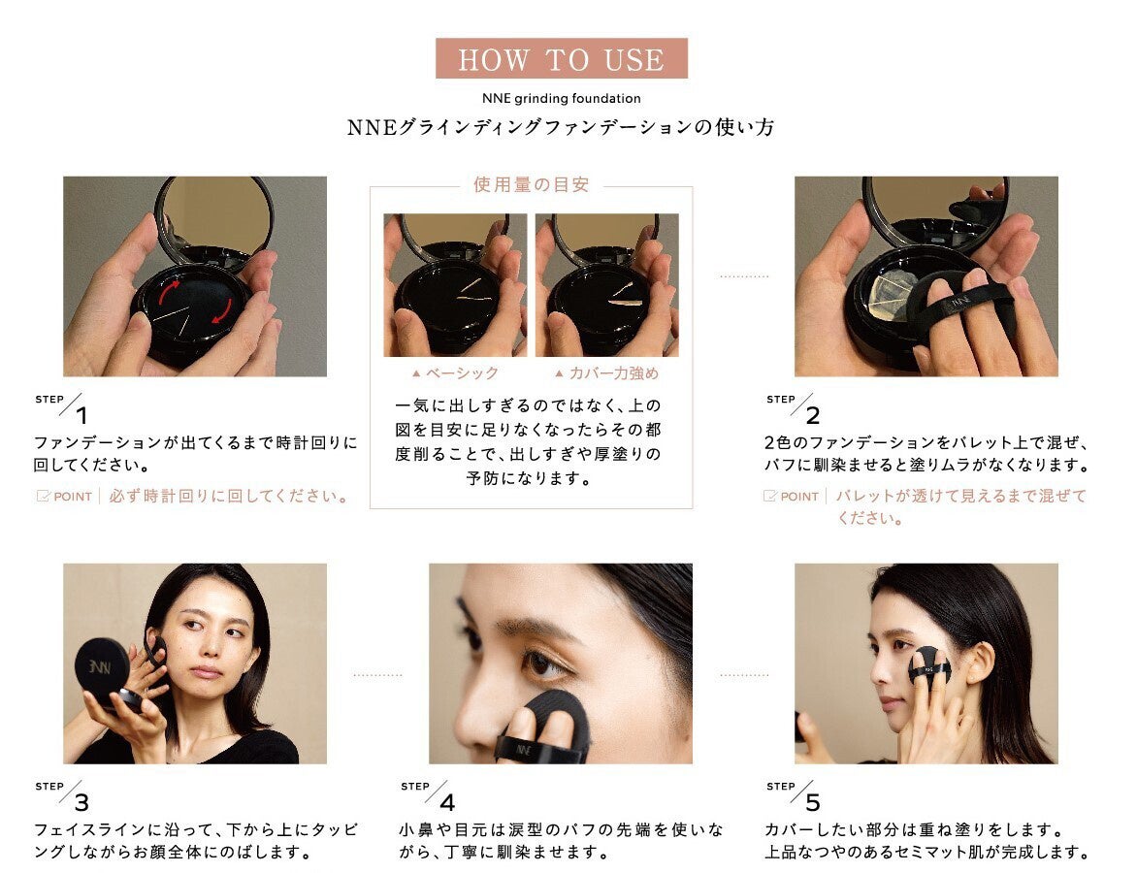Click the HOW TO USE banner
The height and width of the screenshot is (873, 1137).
click(x=561, y=59)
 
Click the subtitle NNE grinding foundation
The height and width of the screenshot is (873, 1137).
click(x=561, y=98)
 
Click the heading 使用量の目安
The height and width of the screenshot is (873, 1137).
click(x=531, y=184)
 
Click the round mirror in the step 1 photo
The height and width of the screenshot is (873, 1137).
click(x=214, y=215)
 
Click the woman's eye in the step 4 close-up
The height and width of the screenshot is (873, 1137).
click(x=546, y=664)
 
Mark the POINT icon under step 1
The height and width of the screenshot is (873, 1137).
click(x=43, y=497)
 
